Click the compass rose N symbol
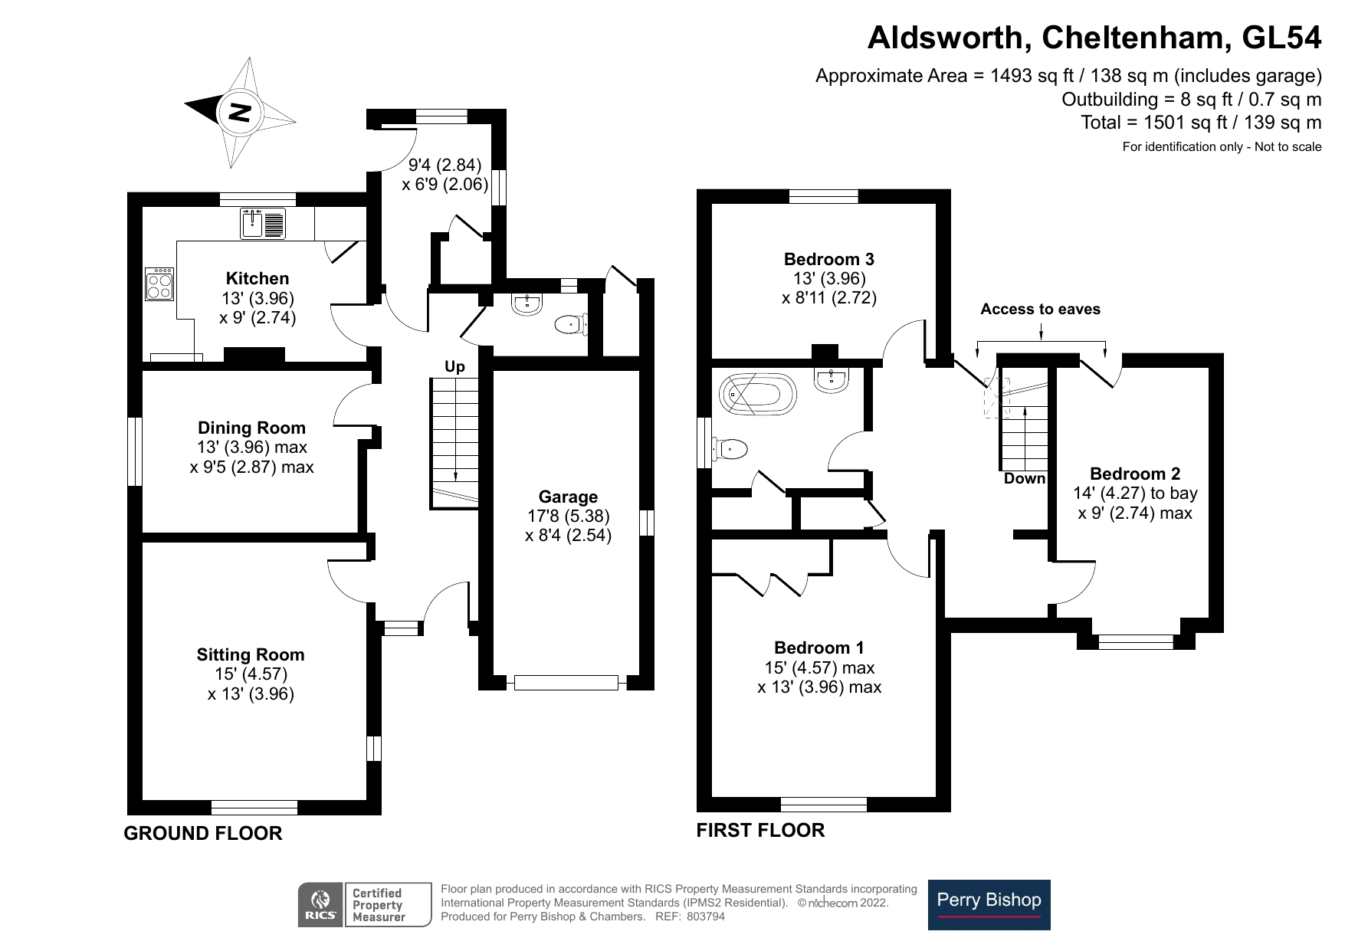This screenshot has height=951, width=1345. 240,113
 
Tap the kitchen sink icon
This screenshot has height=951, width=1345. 263,222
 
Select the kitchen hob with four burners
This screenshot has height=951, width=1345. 160,285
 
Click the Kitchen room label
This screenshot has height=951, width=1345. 258,278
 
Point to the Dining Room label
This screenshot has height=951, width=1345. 251,428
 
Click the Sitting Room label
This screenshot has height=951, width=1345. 251,654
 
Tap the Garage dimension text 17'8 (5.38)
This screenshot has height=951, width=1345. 568,516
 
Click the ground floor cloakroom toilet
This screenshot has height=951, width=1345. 569,325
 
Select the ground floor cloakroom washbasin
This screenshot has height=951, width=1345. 527,304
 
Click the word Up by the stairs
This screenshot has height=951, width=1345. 454,367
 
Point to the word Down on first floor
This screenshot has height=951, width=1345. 1025,478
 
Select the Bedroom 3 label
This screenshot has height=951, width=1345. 828,259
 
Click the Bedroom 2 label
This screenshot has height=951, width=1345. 1135,474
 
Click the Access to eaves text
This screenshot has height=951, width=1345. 1040,309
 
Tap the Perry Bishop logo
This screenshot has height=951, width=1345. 989,904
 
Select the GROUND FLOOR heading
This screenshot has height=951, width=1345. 203,833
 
